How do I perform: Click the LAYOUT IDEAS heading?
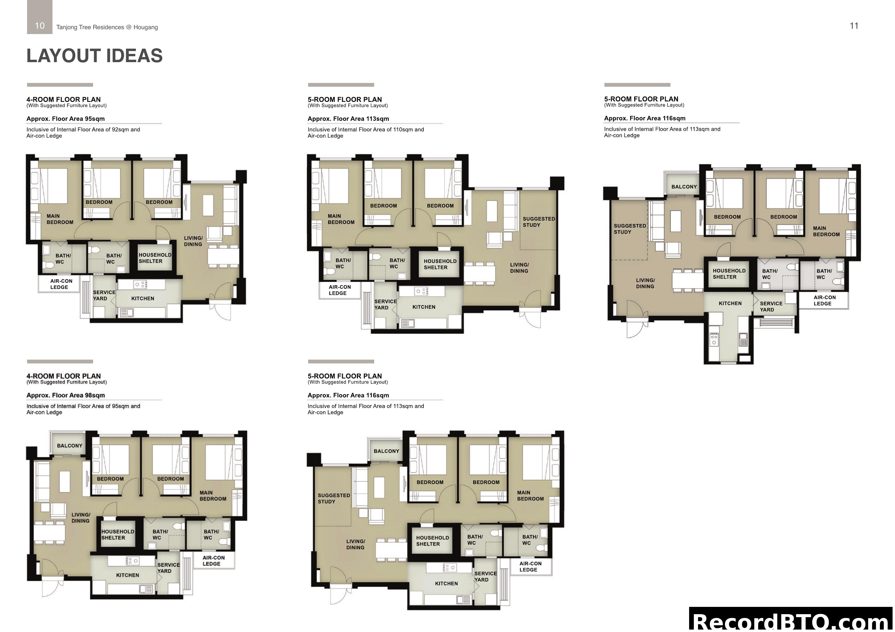(94, 56)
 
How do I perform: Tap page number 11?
(854, 26)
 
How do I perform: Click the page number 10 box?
(40, 26)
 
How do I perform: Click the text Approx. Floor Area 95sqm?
(65, 119)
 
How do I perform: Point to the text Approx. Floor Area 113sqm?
(348, 119)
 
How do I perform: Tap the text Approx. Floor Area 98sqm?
(65, 395)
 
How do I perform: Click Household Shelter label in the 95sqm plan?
(155, 258)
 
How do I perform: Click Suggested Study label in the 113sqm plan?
(538, 222)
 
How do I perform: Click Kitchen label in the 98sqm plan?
(127, 575)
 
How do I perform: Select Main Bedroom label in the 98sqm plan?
(213, 496)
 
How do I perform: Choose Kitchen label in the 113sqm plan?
(424, 307)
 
